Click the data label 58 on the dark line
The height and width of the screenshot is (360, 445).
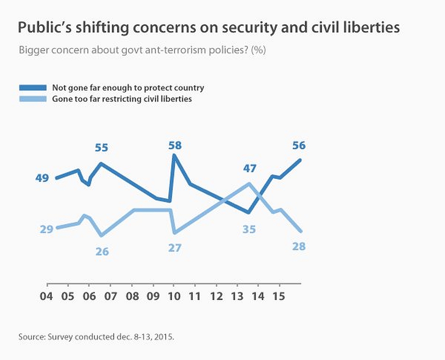(x=175, y=145)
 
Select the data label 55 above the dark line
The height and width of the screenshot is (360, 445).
(x=101, y=148)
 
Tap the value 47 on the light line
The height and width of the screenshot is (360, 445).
(x=249, y=168)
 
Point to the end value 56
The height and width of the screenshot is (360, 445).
(x=299, y=145)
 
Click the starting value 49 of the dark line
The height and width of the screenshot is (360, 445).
(x=42, y=178)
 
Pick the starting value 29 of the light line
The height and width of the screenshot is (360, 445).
(x=47, y=229)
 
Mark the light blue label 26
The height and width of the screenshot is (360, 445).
(x=102, y=252)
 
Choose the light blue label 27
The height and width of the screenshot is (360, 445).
(x=175, y=248)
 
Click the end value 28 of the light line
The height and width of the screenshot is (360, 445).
(x=299, y=246)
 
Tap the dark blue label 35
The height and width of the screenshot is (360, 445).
(x=249, y=229)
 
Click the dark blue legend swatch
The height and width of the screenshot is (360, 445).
(x=33, y=88)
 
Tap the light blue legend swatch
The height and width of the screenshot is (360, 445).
(x=33, y=99)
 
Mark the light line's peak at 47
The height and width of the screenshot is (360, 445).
(x=249, y=183)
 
